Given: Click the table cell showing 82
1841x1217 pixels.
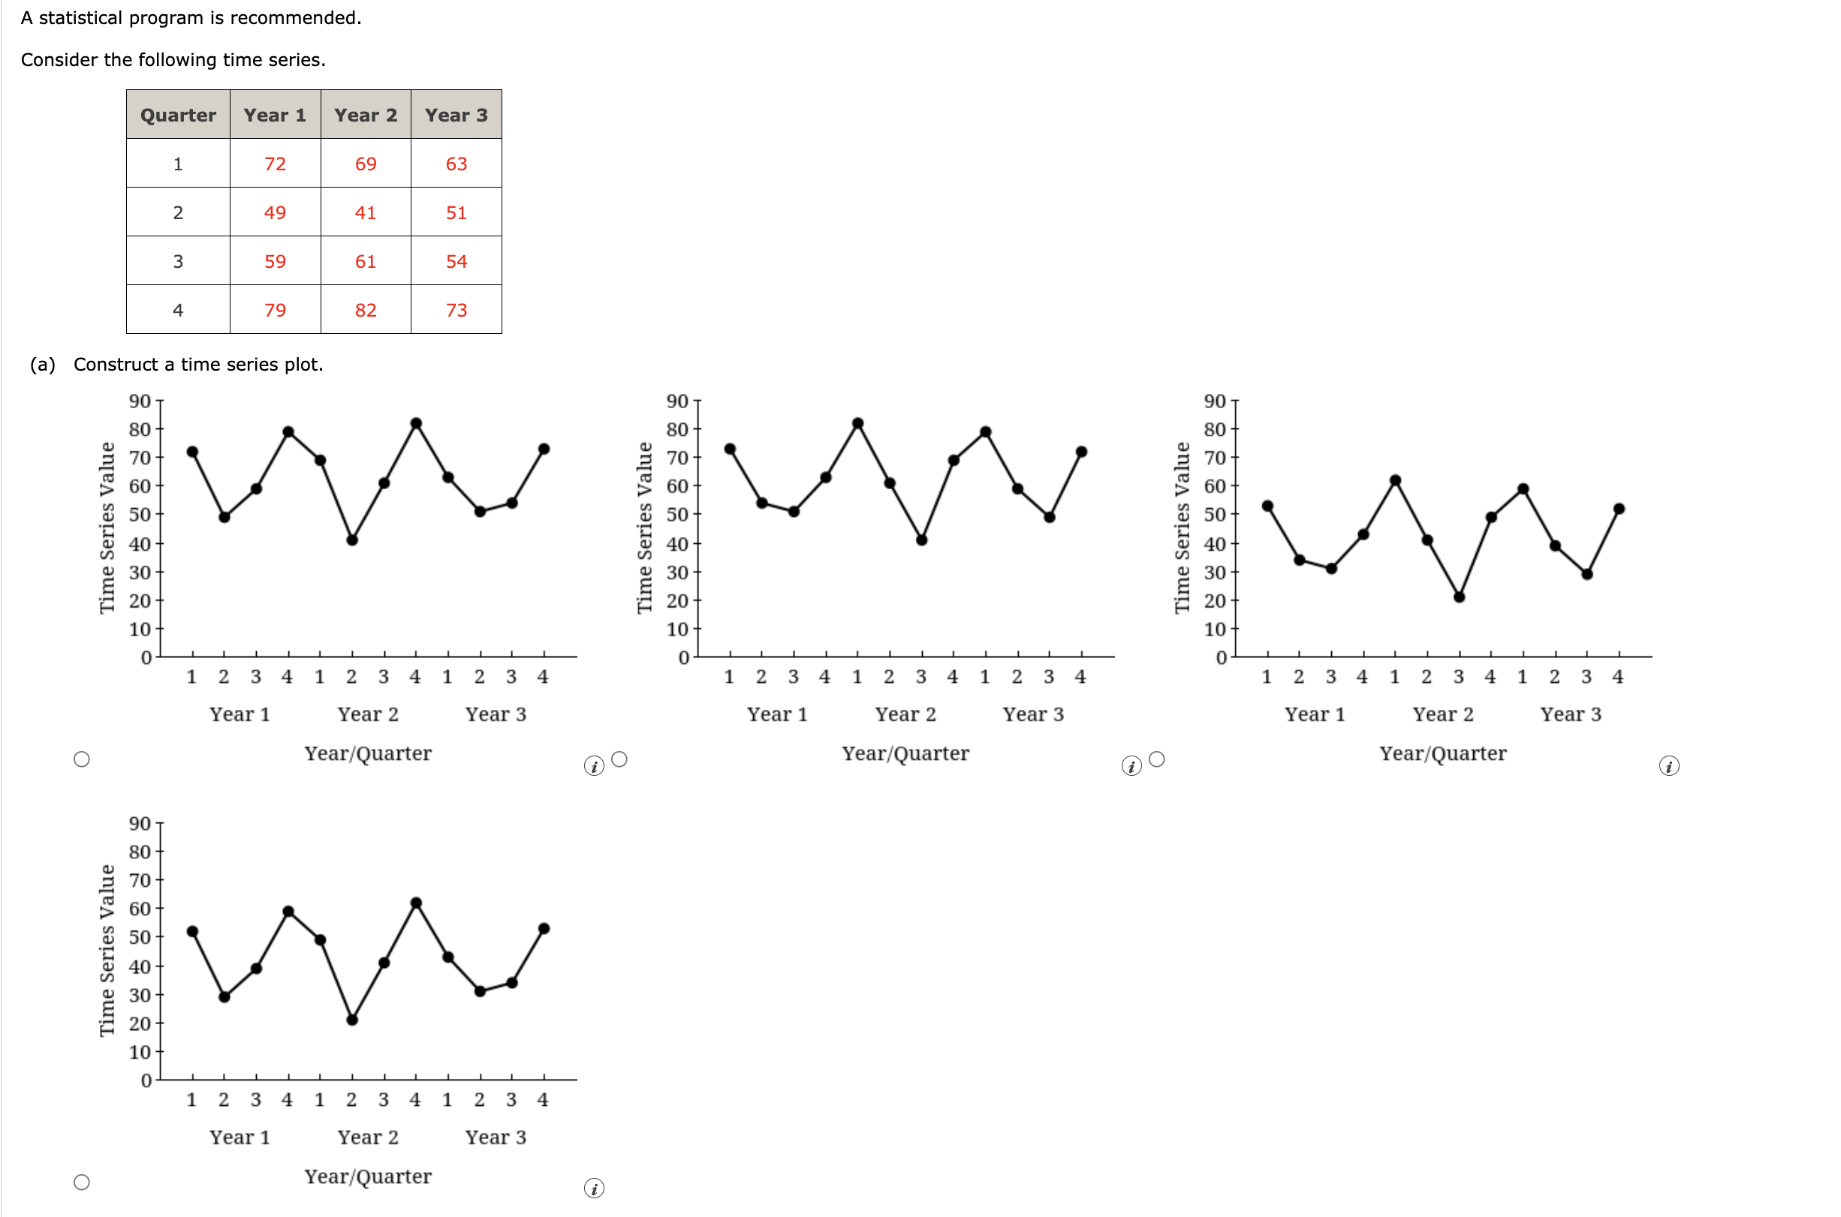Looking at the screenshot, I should pyautogui.click(x=365, y=311).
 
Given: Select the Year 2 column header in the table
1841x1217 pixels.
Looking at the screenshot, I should pyautogui.click(x=365, y=115).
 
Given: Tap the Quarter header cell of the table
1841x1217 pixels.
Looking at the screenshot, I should pyautogui.click(x=178, y=115).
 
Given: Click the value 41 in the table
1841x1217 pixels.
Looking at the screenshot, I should pyautogui.click(x=365, y=212).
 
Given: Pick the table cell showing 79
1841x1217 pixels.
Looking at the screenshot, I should pyautogui.click(x=275, y=311).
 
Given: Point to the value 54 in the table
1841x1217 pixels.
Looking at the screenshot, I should pyautogui.click(x=456, y=262).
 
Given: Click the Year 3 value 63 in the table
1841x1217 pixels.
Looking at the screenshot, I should pyautogui.click(x=456, y=164).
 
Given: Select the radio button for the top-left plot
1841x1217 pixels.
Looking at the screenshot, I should pyautogui.click(x=82, y=759).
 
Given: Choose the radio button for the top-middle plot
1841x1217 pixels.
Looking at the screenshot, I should pyautogui.click(x=619, y=759).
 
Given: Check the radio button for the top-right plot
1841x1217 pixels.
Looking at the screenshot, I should pyautogui.click(x=1156, y=759).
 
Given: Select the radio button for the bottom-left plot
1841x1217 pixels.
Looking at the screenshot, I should pyautogui.click(x=82, y=1182).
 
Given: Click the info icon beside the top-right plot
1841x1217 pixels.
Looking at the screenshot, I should pyautogui.click(x=1668, y=766).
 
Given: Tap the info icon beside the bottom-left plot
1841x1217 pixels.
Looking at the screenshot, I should pyautogui.click(x=594, y=1188).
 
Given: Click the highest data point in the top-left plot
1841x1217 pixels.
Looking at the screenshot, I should pyautogui.click(x=416, y=424).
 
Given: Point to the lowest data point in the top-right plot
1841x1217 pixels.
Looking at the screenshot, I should pyautogui.click(x=1459, y=596).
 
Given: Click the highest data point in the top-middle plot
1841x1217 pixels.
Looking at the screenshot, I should pyautogui.click(x=857, y=424).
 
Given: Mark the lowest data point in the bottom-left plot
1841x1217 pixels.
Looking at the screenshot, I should pyautogui.click(x=351, y=1020).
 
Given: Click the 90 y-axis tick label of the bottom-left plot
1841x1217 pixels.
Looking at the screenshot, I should pyautogui.click(x=140, y=824).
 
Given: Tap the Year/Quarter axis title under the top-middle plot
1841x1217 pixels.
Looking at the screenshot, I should pyautogui.click(x=905, y=753).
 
